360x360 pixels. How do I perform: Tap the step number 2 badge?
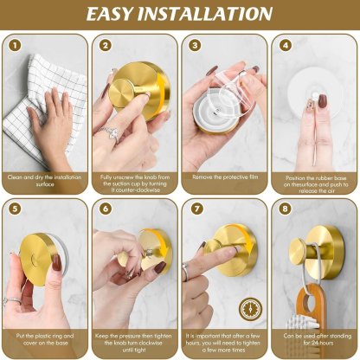click(x=106, y=45)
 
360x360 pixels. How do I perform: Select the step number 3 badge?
click(x=196, y=45)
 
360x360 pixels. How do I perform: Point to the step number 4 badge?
click(x=286, y=45)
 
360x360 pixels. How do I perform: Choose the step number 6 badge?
click(x=106, y=208)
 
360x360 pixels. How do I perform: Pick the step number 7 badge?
click(x=196, y=208)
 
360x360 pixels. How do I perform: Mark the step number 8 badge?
click(x=286, y=208)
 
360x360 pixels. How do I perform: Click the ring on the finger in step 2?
click(x=111, y=132)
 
